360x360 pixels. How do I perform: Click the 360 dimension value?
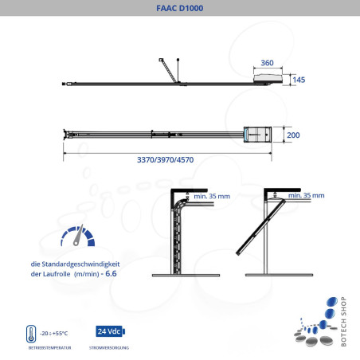coord(267,62)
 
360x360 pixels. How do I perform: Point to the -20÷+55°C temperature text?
coord(55,333)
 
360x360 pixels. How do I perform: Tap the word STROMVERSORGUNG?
coord(110,348)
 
